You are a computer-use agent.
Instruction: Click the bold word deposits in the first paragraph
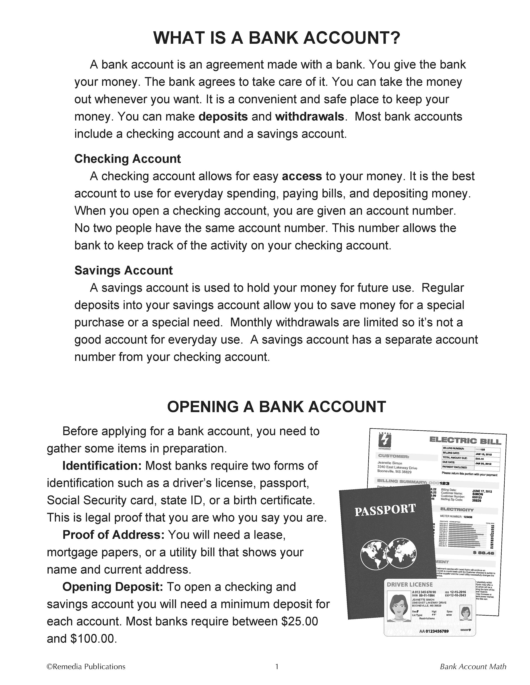(223, 117)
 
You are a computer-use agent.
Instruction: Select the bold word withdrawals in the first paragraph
(309, 117)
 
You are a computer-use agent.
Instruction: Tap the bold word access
(302, 176)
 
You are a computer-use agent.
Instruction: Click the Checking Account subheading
(128, 159)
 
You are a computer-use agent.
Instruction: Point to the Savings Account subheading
(123, 270)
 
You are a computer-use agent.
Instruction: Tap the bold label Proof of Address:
(113, 535)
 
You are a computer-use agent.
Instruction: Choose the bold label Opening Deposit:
(113, 587)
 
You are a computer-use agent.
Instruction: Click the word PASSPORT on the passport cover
(385, 510)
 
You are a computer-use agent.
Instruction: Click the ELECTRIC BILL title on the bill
(465, 441)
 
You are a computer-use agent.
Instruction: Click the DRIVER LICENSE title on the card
(410, 585)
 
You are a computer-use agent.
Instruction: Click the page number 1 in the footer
(277, 667)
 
